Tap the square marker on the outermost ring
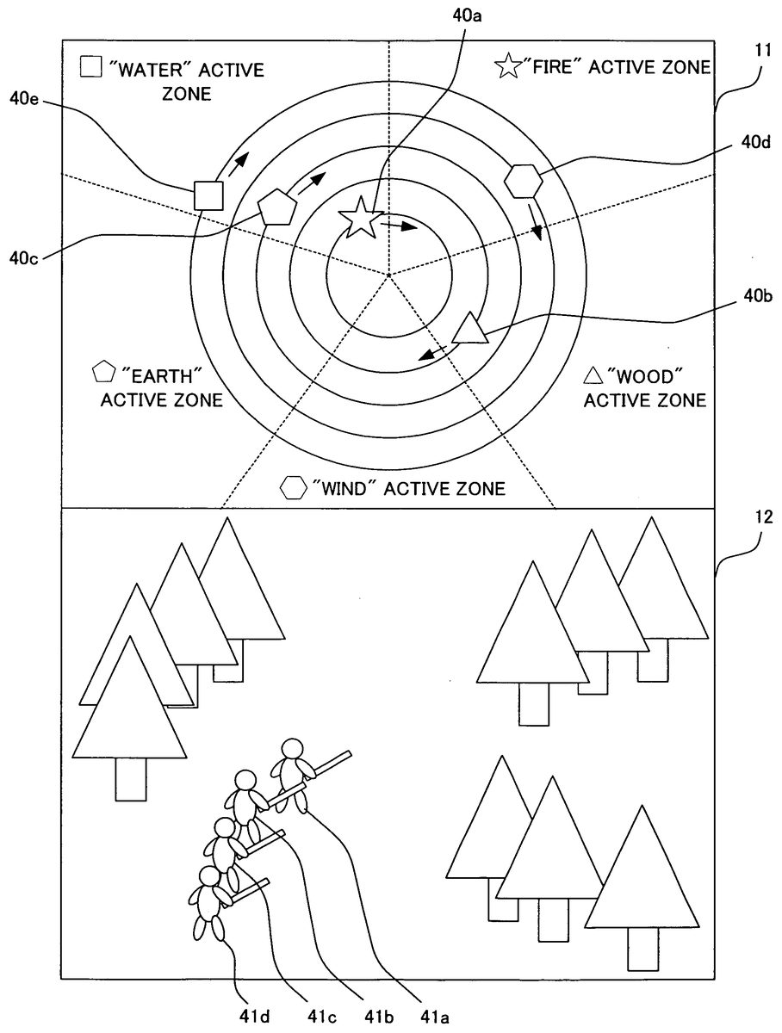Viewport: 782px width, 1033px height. (208, 195)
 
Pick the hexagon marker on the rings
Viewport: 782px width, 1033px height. (523, 181)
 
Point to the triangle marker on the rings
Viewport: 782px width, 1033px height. (470, 329)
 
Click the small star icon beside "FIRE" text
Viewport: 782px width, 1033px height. (509, 66)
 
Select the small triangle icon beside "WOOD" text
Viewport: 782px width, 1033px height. (593, 375)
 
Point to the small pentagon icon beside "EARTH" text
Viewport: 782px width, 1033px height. (103, 373)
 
